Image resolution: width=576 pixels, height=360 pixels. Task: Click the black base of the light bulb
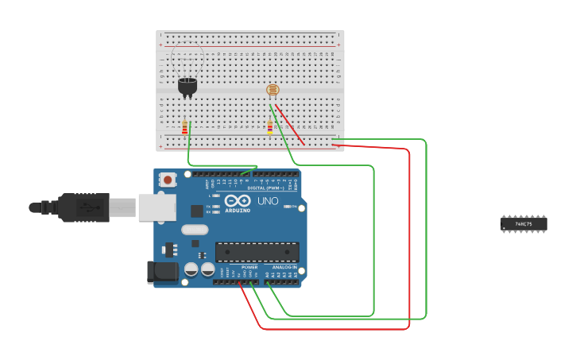187,85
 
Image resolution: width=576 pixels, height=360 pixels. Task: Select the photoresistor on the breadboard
273,90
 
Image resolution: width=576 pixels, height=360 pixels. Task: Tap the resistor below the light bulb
185,127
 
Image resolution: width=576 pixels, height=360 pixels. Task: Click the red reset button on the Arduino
168,180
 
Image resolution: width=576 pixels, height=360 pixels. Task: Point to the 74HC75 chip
524,224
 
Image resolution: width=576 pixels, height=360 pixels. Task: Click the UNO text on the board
268,201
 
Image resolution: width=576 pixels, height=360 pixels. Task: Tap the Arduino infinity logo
238,201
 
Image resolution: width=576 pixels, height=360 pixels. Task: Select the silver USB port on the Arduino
157,207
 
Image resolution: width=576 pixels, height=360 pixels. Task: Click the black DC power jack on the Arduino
163,272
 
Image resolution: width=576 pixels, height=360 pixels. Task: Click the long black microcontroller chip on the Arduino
257,252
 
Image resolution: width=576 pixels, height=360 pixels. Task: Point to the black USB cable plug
83,207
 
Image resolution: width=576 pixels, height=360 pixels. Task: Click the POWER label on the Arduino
238,267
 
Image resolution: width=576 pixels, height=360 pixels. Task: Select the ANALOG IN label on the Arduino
284,267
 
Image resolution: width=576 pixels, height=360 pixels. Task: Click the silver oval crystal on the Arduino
195,230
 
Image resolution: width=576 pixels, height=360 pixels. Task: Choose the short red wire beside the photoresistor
290,125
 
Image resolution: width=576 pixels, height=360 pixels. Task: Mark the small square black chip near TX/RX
196,211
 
